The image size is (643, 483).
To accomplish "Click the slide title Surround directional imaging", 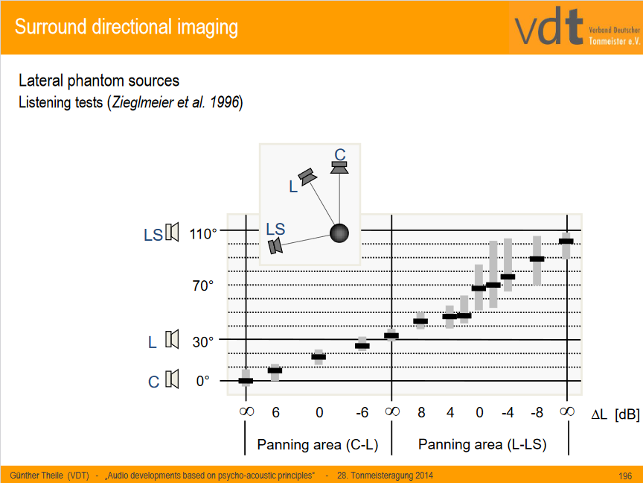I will tap(127, 28).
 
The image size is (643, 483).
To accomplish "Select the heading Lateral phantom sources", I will tap(99, 80).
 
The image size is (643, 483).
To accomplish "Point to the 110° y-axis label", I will tap(202, 234).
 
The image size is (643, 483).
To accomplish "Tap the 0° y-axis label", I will tap(203, 381).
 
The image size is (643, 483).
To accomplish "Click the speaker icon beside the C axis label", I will tap(173, 379).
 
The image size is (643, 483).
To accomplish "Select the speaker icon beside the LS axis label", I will tap(173, 233).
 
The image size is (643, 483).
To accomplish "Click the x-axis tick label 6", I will tap(275, 412).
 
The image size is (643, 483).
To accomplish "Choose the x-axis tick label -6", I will tap(362, 412).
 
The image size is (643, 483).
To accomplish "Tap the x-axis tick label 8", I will tap(420, 412).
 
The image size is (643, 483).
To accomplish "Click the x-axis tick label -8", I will tap(537, 412).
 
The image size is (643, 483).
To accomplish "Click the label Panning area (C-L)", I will tap(318, 445).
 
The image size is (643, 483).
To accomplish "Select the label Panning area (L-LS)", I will tap(482, 445).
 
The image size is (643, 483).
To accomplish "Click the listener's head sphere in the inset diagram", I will tap(339, 233).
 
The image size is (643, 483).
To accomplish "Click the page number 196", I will tap(625, 475).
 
